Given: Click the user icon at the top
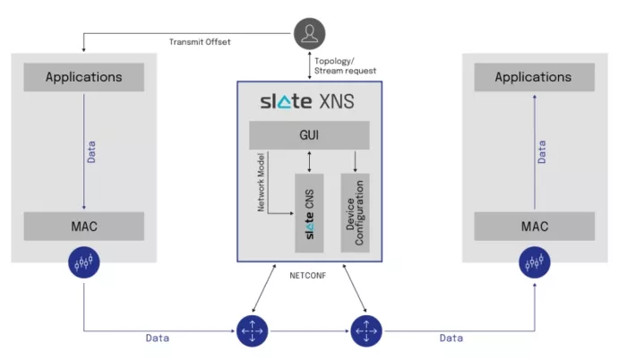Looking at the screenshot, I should pos(309,34).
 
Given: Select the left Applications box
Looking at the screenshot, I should pos(83,77).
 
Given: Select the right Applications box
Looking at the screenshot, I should pos(533,77).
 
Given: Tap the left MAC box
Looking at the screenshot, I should pos(83,226).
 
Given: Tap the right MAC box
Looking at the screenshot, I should pos(533,226).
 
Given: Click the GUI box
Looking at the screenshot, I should pos(309,136).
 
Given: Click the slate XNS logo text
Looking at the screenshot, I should pos(308,100).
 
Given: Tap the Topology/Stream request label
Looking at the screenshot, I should pos(345,64).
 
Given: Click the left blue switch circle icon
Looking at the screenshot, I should pos(252,330).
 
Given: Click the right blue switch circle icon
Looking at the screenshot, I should pos(365,330).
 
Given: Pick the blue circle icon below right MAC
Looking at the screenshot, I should pos(535,262).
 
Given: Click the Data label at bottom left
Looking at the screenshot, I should pos(158,338).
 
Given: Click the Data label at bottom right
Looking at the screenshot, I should pos(451,338).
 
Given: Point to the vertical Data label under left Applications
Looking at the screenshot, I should pos(91,150).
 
